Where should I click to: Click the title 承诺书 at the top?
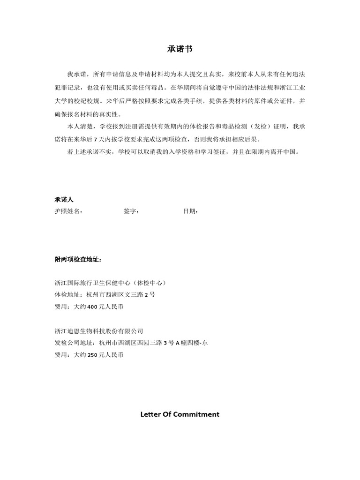tap(180, 49)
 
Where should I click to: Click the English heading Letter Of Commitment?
tap(180, 414)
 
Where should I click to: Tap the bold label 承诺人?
tap(64, 200)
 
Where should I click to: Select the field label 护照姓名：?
tap(68, 211)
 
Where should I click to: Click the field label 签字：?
tap(131, 211)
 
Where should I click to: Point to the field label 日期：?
tap(190, 211)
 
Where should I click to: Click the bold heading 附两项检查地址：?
tap(78, 260)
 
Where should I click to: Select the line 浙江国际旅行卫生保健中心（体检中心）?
tap(111, 283)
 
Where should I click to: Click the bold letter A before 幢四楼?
tap(178, 343)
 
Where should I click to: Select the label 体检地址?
tap(67, 295)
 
